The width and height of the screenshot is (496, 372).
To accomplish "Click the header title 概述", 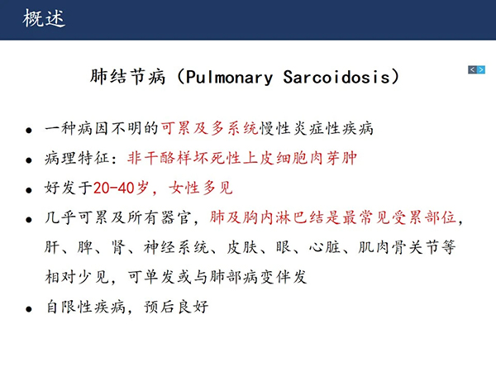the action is (44, 18).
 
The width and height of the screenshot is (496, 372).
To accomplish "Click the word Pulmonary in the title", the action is (229, 78).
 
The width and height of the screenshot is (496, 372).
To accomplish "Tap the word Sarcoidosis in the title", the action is (336, 77).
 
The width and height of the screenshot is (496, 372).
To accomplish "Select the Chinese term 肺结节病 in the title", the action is (127, 77).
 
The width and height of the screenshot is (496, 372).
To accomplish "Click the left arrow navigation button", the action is (472, 69).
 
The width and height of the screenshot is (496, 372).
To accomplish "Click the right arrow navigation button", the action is (481, 69).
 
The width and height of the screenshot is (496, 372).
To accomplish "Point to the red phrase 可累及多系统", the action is (210, 128).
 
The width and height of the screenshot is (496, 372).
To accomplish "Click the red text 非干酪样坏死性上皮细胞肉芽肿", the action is (242, 158).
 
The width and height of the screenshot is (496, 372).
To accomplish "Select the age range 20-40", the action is (113, 188).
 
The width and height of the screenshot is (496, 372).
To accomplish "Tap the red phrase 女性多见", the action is (201, 188).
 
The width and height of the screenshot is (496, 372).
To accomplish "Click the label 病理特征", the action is (77, 158).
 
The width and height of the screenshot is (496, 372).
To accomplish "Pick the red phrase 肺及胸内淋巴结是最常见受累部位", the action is (332, 217).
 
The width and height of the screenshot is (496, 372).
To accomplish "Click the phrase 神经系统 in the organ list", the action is (176, 247).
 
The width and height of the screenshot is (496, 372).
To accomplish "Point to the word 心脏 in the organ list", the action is (325, 247).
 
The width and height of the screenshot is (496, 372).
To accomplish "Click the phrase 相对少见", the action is (77, 277).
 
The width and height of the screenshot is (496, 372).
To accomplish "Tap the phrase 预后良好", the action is (176, 307).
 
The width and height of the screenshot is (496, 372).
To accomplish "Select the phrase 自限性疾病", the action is (86, 307).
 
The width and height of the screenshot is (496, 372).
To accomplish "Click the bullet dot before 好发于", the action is (29, 190).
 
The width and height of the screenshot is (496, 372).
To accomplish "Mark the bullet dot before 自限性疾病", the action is (29, 309).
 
